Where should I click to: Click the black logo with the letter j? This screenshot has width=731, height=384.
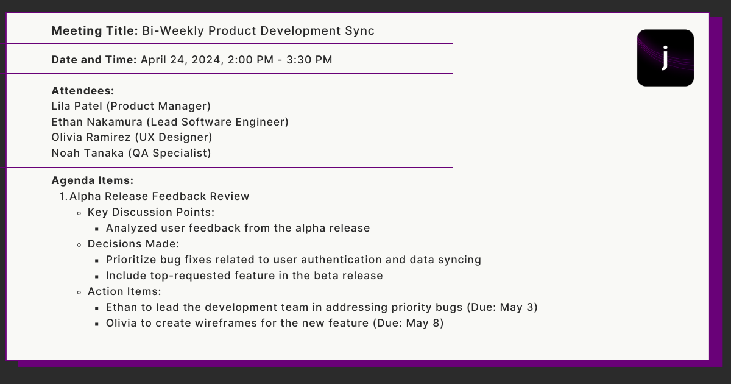pos(665,58)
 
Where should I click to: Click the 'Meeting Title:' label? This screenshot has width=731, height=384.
pos(94,30)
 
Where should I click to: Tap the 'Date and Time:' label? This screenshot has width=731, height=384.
pos(94,60)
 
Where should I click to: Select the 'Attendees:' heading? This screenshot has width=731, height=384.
pos(83,91)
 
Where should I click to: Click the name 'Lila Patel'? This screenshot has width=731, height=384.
pos(77,106)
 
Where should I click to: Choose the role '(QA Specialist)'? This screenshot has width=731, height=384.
pos(169,153)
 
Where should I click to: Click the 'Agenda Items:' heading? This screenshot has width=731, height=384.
pos(92,180)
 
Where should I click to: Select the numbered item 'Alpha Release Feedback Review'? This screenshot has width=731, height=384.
pos(160,196)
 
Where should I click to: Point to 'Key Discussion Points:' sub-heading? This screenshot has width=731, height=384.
pos(151,212)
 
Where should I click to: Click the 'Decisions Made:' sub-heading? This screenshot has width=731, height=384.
pos(133,244)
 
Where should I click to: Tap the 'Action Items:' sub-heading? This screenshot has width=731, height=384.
pos(124,291)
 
